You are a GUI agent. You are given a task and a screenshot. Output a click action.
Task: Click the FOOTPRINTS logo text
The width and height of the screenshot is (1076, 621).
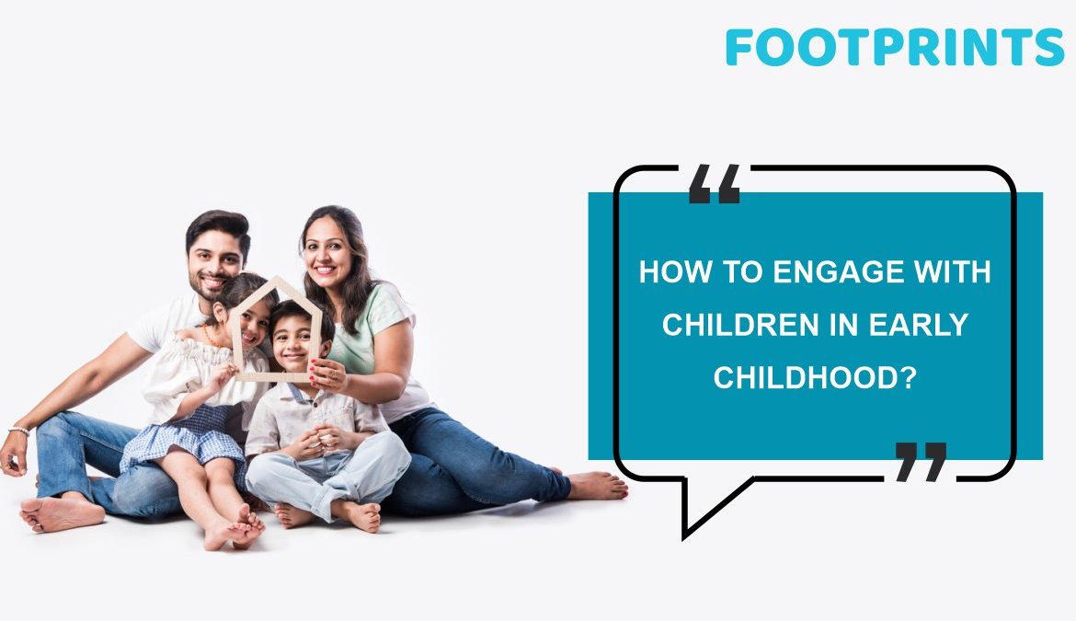pyautogui.click(x=894, y=47)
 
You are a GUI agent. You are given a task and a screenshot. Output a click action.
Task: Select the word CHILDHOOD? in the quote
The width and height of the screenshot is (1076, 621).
pyautogui.click(x=815, y=377)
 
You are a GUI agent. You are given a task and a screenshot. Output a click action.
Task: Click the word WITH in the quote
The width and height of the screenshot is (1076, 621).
pyautogui.click(x=951, y=271)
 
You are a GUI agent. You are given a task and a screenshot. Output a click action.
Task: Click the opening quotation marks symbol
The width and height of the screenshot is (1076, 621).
pyautogui.click(x=715, y=183)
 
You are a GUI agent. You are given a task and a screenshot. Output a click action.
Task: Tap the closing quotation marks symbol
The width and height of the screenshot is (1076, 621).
pyautogui.click(x=921, y=462)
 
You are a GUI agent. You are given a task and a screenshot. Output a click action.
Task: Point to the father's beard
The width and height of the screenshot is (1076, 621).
pyautogui.click(x=206, y=285)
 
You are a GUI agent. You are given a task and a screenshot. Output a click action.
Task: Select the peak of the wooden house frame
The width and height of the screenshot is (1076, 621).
pyautogui.click(x=278, y=280)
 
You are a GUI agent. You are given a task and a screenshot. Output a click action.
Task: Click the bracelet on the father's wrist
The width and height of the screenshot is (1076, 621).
pyautogui.click(x=18, y=431)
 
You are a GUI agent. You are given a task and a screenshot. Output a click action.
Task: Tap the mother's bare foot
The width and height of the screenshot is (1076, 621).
pyautogui.click(x=598, y=485)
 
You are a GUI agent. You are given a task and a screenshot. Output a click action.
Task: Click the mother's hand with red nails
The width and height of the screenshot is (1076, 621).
pyautogui.click(x=328, y=374)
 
